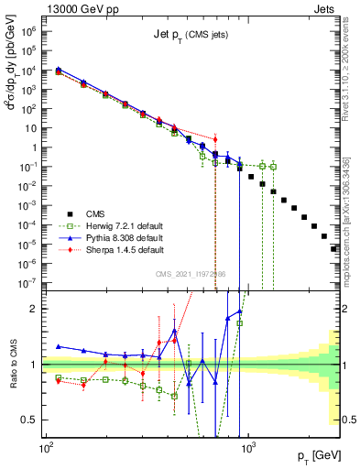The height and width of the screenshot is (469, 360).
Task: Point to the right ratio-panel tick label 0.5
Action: (x=348, y=420)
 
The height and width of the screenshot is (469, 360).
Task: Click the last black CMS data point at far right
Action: (x=334, y=248)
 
